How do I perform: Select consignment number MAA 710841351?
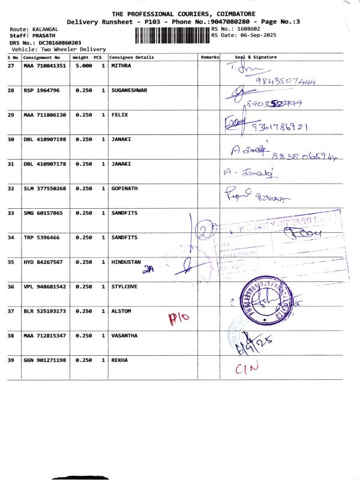click(44, 65)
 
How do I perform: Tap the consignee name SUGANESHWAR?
click(129, 90)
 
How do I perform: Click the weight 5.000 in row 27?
click(83, 65)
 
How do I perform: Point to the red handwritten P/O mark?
click(178, 318)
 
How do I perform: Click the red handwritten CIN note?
click(246, 368)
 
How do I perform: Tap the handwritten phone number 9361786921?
click(280, 127)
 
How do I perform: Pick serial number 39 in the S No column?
click(11, 360)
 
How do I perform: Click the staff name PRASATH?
click(35, 36)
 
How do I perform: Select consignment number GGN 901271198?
click(44, 360)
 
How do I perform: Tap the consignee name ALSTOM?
click(122, 311)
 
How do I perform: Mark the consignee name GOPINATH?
click(125, 188)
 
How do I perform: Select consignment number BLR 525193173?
click(44, 311)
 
